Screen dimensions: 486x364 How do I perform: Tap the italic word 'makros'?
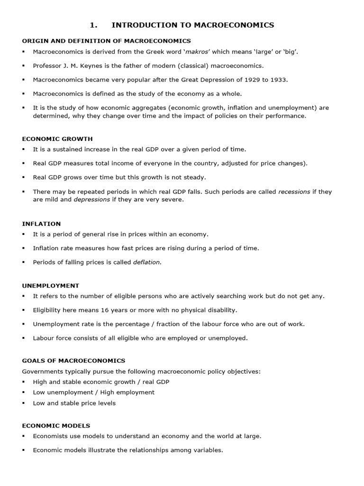coord(198,51)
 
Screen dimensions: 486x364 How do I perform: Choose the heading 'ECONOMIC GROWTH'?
coord(57,139)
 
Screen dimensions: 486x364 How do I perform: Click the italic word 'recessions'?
coord(294,192)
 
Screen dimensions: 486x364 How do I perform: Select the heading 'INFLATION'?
coord(41,224)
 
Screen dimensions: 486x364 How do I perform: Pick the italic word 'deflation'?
coord(146,262)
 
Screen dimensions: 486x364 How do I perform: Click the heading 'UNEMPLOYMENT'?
coord(51,286)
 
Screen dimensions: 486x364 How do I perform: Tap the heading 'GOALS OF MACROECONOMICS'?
coord(73,361)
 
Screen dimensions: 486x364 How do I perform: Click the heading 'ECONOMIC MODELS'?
coord(56,426)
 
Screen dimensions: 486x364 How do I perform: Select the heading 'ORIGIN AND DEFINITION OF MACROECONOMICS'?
coord(107,41)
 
